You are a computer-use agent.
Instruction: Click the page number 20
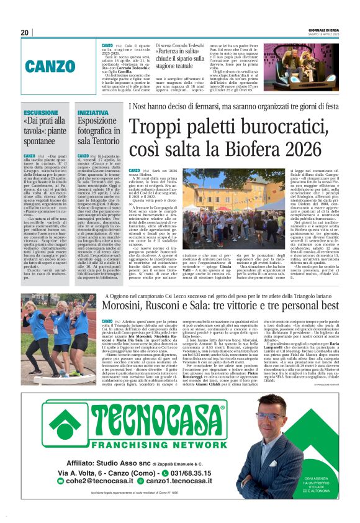25,32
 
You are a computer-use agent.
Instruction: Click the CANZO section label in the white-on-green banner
60,65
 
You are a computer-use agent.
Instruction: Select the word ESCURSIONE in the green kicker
42,113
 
